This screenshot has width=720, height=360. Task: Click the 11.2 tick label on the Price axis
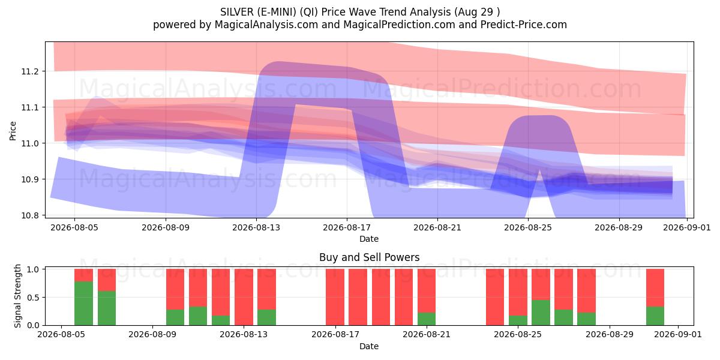pyautogui.click(x=29, y=71)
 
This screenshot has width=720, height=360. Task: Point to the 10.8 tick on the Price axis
pyautogui.click(x=29, y=215)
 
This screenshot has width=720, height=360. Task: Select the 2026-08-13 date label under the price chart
pyautogui.click(x=256, y=227)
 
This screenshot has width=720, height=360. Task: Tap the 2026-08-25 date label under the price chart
pyautogui.click(x=528, y=227)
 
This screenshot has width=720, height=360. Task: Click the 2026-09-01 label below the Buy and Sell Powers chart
pyautogui.click(x=678, y=335)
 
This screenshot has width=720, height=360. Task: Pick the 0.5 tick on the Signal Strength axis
pyautogui.click(x=34, y=298)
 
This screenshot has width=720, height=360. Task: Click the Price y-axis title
pyautogui.click(x=13, y=131)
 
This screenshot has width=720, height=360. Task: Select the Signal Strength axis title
pyautogui.click(x=17, y=296)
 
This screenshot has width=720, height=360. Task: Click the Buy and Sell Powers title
pyautogui.click(x=369, y=257)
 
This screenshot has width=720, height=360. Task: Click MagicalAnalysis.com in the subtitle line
pyautogui.click(x=266, y=25)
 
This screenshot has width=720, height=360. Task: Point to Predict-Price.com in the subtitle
pyautogui.click(x=524, y=25)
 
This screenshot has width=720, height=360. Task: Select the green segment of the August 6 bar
pyautogui.click(x=83, y=304)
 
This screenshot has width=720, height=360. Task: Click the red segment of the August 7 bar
pyautogui.click(x=107, y=280)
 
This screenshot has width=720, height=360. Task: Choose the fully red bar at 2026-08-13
pyautogui.click(x=244, y=297)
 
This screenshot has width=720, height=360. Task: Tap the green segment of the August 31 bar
pyautogui.click(x=655, y=316)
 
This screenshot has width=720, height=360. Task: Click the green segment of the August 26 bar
pyautogui.click(x=541, y=313)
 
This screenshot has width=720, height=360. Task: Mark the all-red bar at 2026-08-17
pyautogui.click(x=335, y=297)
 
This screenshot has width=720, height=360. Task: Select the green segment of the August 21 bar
pyautogui.click(x=427, y=319)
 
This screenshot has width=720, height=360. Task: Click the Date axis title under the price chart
pyautogui.click(x=369, y=239)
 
